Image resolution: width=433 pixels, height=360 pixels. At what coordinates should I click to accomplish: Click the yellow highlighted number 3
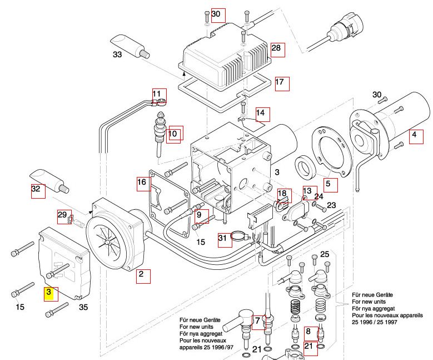point(49,292)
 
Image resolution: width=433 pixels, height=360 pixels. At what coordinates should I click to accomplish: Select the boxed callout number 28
point(277,49)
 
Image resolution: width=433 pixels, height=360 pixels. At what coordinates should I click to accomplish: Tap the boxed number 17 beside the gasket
point(281,83)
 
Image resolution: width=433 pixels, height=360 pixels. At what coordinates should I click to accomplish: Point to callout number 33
point(117,55)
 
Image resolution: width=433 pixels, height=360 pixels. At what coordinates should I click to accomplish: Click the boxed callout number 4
point(415,135)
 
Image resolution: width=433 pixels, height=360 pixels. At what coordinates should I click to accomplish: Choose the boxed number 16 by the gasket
point(143,183)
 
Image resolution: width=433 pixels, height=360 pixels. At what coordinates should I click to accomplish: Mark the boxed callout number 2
point(143,275)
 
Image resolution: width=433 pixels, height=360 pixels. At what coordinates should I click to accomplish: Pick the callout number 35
point(83,307)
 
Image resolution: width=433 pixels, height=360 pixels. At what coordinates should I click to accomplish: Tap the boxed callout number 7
point(258,322)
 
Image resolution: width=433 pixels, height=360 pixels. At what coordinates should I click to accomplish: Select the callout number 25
point(325,254)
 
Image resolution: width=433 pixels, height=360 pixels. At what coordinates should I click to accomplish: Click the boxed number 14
point(262,115)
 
